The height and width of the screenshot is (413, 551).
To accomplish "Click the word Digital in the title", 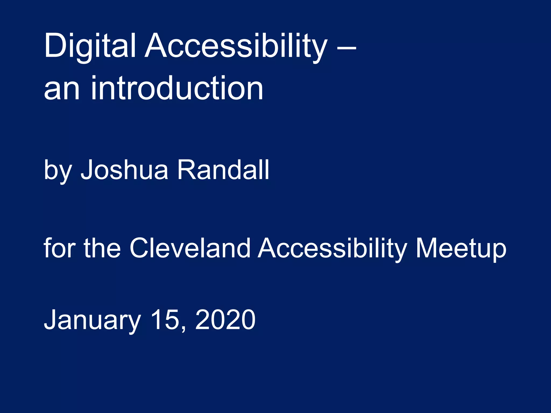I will click(90, 46).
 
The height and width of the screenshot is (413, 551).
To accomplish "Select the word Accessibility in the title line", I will click(236, 46).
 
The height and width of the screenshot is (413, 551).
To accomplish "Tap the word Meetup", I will click(461, 249).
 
